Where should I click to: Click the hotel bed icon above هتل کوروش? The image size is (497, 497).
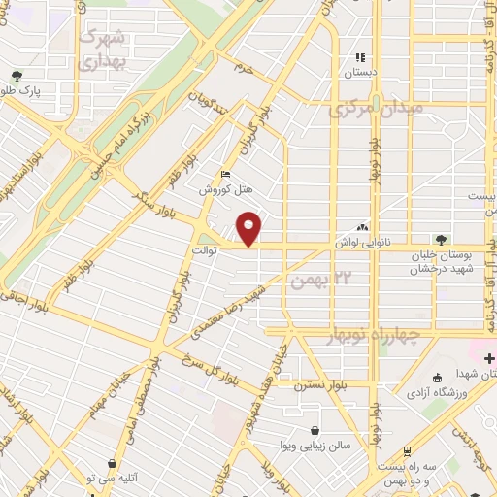point(226,175)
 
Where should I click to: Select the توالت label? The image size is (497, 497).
point(230,249)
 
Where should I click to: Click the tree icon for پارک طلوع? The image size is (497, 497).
point(17,75)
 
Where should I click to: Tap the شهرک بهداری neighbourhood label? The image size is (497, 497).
point(101,49)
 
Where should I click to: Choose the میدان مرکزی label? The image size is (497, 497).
point(376,110)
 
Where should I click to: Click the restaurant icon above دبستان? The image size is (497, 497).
point(360,58)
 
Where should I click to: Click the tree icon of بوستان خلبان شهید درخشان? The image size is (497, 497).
point(442,239)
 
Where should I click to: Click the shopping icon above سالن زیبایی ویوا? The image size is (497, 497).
point(315,430)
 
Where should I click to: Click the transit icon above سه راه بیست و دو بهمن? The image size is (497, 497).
point(405,450)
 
